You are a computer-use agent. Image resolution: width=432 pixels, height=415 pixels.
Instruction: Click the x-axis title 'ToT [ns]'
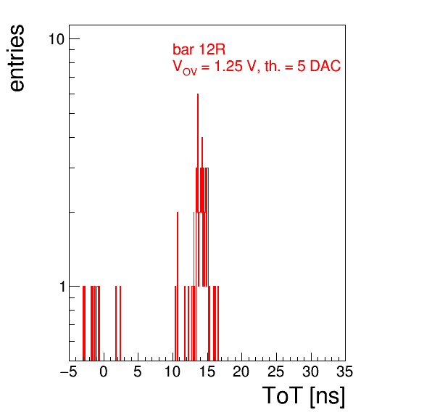click(304, 396)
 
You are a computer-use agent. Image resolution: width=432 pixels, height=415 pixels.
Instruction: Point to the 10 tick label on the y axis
click(57, 39)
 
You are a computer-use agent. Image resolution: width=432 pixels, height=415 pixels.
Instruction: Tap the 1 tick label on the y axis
click(62, 287)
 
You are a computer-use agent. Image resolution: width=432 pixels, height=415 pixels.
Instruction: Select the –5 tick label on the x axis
click(69, 371)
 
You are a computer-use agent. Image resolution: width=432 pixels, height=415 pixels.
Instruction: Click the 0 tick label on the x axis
click(104, 371)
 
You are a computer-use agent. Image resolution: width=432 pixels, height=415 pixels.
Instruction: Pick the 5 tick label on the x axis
click(138, 371)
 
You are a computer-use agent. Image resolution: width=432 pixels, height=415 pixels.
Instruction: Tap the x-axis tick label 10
click(173, 371)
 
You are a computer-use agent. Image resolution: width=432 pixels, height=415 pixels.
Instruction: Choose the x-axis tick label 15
click(207, 371)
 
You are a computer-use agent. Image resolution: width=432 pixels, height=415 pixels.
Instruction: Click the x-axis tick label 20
click(241, 371)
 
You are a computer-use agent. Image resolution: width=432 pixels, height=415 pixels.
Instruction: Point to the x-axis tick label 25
click(275, 371)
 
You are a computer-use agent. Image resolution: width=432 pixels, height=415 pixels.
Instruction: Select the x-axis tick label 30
click(310, 371)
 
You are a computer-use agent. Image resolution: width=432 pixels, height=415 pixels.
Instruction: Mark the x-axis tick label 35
click(345, 371)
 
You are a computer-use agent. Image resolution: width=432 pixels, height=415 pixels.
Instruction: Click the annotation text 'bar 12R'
click(199, 49)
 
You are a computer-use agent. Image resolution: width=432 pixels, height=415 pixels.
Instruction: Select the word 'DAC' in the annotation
click(325, 66)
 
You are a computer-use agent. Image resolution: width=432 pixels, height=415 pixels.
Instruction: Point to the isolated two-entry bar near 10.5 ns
click(178, 287)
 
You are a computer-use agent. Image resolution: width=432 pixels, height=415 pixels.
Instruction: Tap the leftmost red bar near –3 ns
click(83, 323)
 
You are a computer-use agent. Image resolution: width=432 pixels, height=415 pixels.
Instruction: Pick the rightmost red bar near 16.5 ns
click(218, 323)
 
